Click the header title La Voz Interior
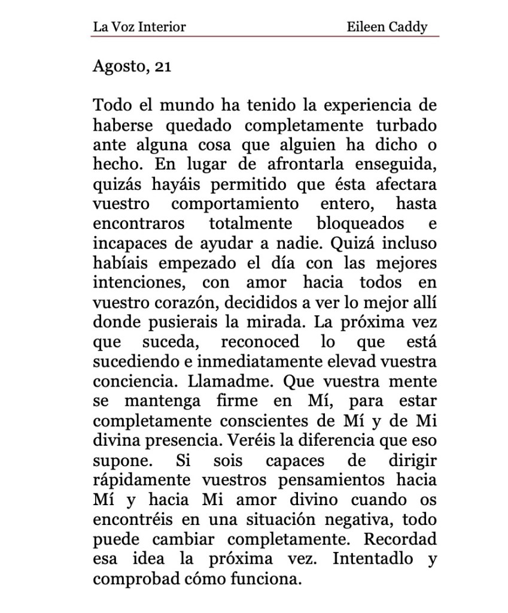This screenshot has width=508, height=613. (x=139, y=26)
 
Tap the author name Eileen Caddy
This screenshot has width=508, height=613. (x=387, y=26)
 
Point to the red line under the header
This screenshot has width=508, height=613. (x=265, y=36)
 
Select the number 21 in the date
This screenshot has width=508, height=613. (x=163, y=67)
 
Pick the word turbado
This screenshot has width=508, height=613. (x=407, y=126)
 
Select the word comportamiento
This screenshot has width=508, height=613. (x=235, y=204)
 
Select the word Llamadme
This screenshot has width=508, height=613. (x=232, y=381)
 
